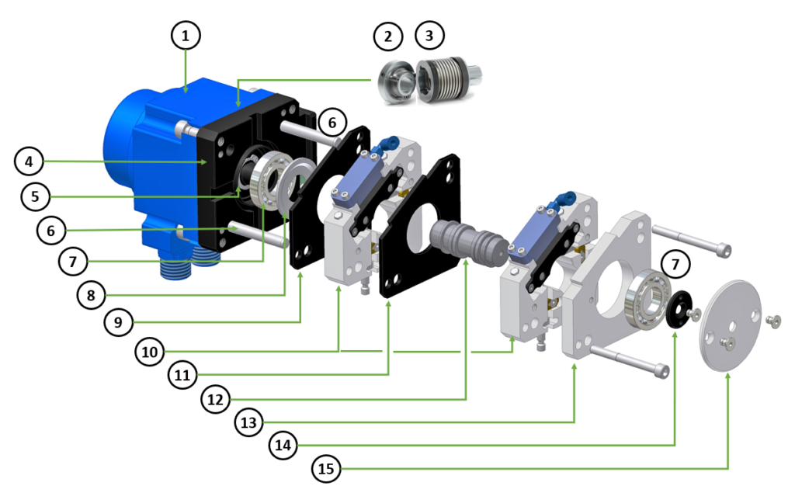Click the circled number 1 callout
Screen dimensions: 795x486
[185, 36]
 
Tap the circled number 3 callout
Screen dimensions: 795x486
[429, 36]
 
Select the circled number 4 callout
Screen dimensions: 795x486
[29, 161]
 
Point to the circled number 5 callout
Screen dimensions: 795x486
[36, 196]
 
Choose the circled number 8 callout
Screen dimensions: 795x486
[92, 295]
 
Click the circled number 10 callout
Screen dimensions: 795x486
[150, 351]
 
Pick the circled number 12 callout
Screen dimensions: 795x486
[216, 399]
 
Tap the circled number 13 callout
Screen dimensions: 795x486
[249, 422]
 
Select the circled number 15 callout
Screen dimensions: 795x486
[326, 469]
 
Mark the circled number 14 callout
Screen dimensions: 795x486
[283, 445]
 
